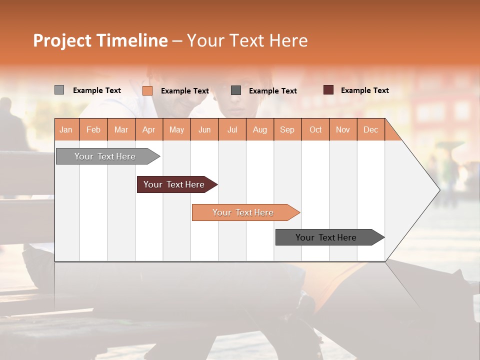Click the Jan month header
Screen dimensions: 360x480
66,129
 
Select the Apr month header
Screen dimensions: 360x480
148,129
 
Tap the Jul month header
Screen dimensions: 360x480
232,129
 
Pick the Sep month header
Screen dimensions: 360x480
287,129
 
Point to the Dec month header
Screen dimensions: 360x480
370,129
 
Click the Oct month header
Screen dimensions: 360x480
315,129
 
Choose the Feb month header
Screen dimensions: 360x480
93,129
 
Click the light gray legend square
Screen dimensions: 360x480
59,90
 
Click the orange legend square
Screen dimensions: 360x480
147,90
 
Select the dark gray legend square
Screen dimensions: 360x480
236,90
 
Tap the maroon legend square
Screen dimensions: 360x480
328,90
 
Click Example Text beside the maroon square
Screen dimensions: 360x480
364,90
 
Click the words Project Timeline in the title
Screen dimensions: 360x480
100,40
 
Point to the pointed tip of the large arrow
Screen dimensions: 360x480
438,189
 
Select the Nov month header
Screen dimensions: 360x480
342,129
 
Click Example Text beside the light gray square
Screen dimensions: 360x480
96,90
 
